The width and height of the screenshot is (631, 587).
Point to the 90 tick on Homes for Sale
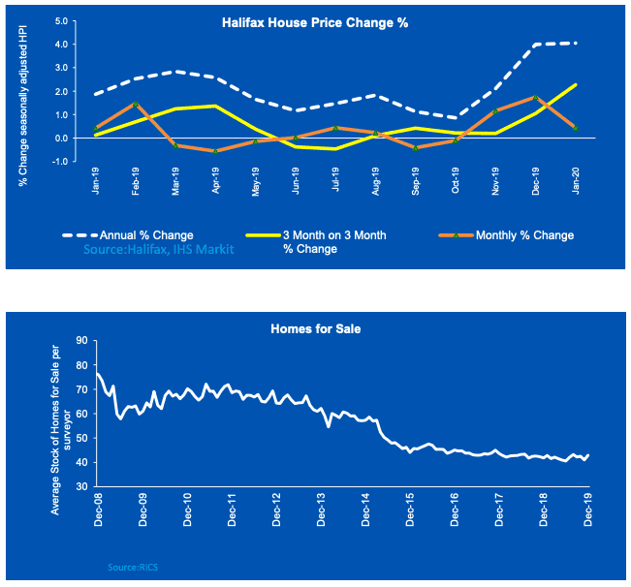point(81,340)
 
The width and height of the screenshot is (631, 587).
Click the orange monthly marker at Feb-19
point(136,104)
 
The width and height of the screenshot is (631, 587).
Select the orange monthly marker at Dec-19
point(537,98)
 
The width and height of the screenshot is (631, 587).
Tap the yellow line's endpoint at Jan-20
point(578,84)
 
